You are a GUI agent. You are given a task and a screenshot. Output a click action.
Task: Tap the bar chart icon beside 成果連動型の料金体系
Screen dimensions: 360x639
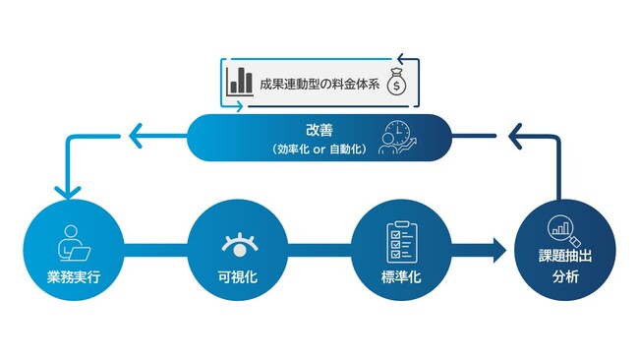(x=238, y=82)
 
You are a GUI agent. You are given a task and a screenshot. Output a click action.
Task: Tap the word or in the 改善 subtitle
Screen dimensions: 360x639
(x=319, y=149)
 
